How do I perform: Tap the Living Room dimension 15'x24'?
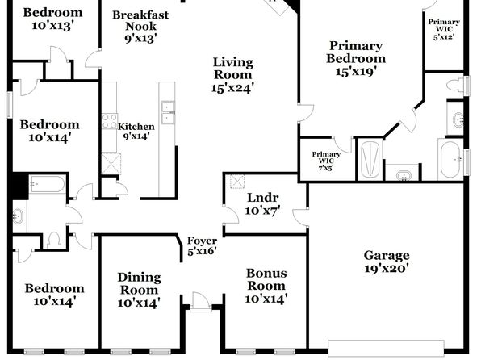(232, 88)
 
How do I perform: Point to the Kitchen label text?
(136, 127)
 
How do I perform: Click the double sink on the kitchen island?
(168, 112)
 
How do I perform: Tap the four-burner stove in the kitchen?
(110, 121)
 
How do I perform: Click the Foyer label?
(202, 241)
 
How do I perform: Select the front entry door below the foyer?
(201, 302)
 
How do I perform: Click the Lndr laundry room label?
(262, 198)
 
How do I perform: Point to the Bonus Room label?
(266, 279)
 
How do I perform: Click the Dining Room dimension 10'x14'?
(139, 303)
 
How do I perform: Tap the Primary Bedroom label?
(356, 52)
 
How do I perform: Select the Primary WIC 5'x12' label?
(444, 30)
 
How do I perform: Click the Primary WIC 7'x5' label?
(326, 161)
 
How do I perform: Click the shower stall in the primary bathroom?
(370, 159)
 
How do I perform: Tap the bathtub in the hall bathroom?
(47, 184)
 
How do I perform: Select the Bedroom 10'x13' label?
(52, 19)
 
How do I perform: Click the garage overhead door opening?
(386, 348)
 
